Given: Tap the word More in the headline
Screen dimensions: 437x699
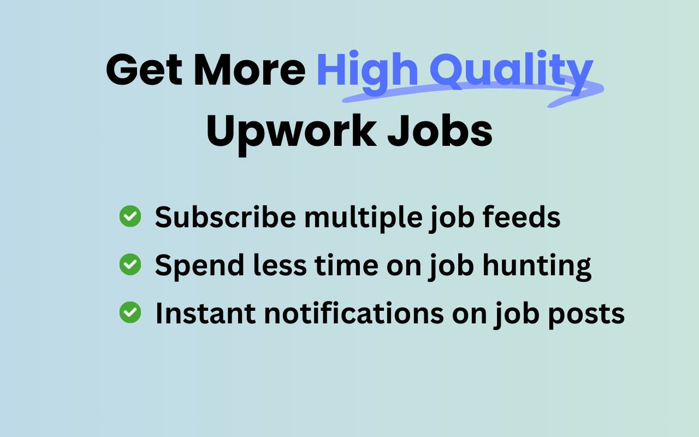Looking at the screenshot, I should click(248, 70).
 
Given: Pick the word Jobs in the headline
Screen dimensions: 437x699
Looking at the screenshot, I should click(440, 131).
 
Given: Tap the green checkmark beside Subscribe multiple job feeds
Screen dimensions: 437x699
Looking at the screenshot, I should click(130, 216).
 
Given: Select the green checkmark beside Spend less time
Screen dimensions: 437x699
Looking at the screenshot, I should click(130, 265).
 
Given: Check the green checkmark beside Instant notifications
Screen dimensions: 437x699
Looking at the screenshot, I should click(130, 313).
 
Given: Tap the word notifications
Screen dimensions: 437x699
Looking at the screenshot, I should click(350, 314).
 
